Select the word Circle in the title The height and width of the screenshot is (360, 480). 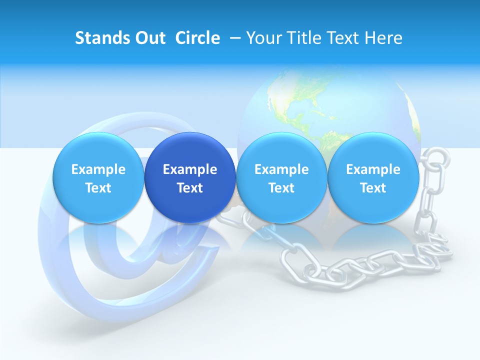[197, 38]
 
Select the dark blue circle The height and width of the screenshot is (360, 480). [190, 177]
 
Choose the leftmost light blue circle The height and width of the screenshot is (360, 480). [98, 177]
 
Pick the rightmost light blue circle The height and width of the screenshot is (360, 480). [373, 177]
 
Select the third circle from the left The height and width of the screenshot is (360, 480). [281, 177]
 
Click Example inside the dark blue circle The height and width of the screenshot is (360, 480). [190, 169]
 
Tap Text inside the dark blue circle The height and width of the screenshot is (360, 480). [190, 188]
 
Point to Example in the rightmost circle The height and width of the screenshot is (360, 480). [373, 169]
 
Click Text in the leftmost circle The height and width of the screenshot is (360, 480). [98, 188]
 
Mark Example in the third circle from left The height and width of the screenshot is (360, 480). [281, 169]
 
